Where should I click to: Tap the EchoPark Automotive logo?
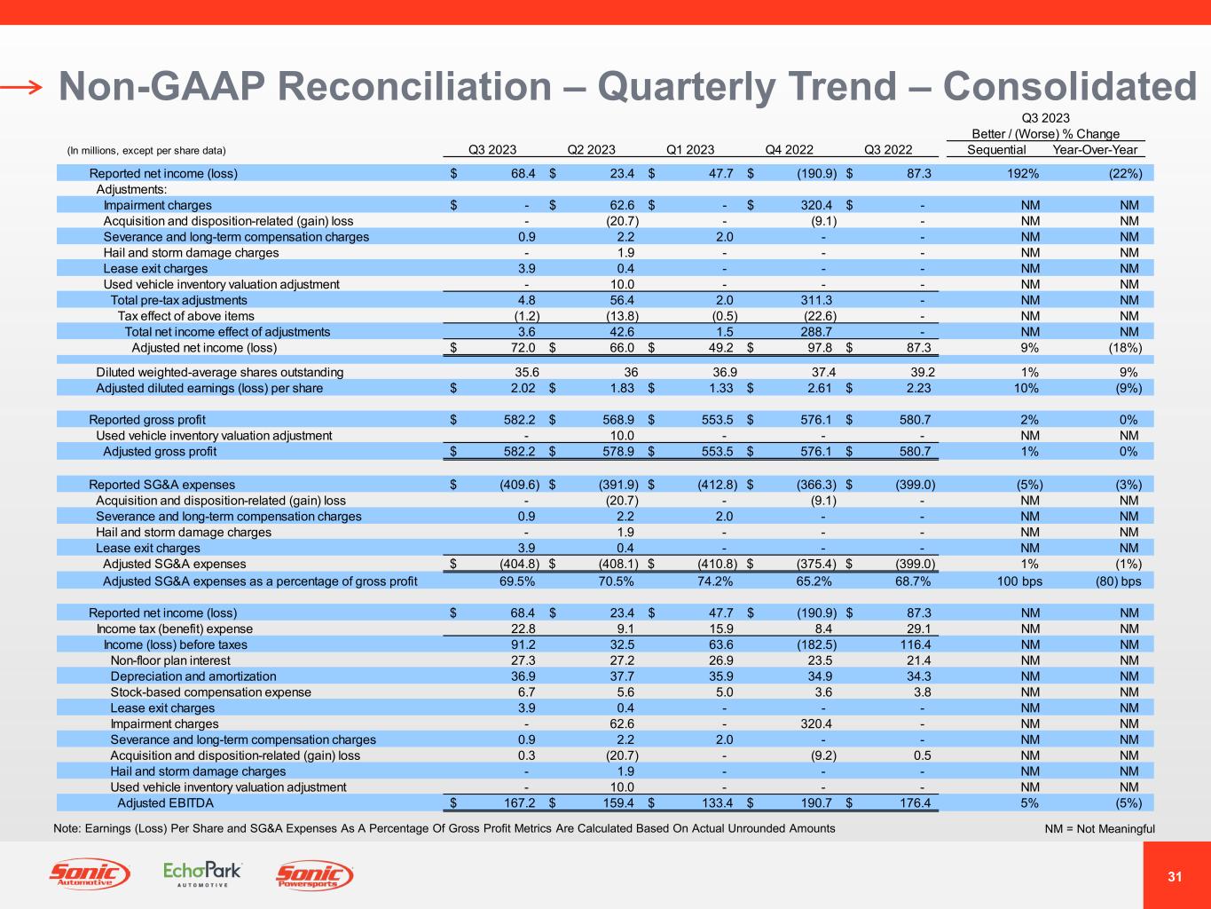tap(202, 874)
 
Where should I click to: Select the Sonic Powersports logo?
tap(315, 876)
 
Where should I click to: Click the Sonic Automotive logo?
tap(89, 875)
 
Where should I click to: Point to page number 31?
tap(1175, 877)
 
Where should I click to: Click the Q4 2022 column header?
tap(789, 150)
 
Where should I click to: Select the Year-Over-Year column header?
tap(1094, 150)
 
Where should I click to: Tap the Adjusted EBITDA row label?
tap(165, 803)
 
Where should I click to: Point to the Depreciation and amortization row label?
tap(193, 676)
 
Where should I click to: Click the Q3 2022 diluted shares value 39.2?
tap(918, 372)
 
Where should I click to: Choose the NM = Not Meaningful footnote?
tap(1100, 829)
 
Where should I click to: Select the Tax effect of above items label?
tap(185, 316)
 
